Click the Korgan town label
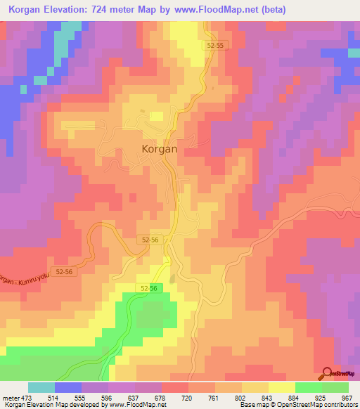[160, 149]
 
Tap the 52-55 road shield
[217, 44]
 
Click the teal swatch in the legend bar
[41, 387]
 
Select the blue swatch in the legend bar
[69, 387]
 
